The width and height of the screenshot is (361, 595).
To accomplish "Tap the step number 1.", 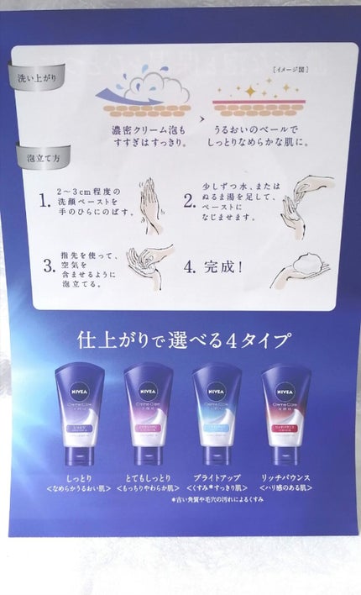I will (x=44, y=202).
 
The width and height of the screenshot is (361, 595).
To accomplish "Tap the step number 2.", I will (x=189, y=202).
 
